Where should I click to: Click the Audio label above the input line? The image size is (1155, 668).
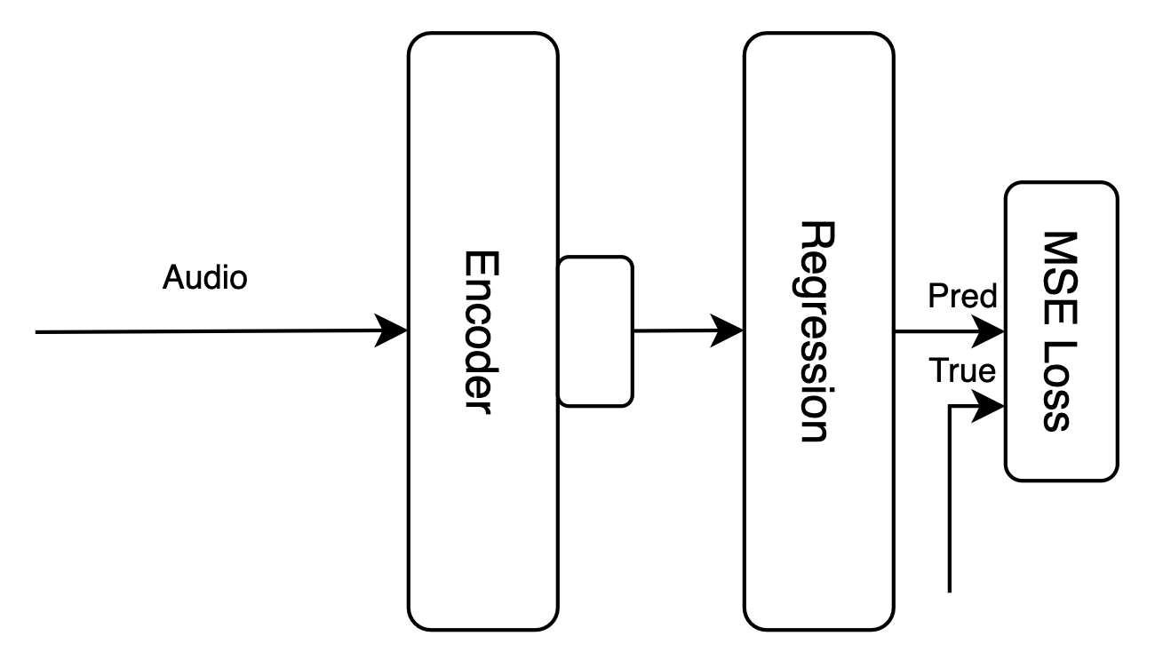[x=205, y=278]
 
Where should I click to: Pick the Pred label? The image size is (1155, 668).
[x=962, y=298]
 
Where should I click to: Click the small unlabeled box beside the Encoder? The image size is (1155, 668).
[x=595, y=331]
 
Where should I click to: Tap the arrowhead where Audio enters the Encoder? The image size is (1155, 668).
[x=394, y=331]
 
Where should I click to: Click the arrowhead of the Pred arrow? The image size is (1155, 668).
[x=992, y=332]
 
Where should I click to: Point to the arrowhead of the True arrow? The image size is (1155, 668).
[x=992, y=408]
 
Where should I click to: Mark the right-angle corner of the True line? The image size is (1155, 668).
[x=952, y=408]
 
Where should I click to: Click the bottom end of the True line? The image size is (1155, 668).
[x=952, y=589]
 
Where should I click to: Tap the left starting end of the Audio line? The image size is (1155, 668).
[x=37, y=331]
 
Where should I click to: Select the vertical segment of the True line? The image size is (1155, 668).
[x=952, y=497]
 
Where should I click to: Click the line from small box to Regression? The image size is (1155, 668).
[x=675, y=331]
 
